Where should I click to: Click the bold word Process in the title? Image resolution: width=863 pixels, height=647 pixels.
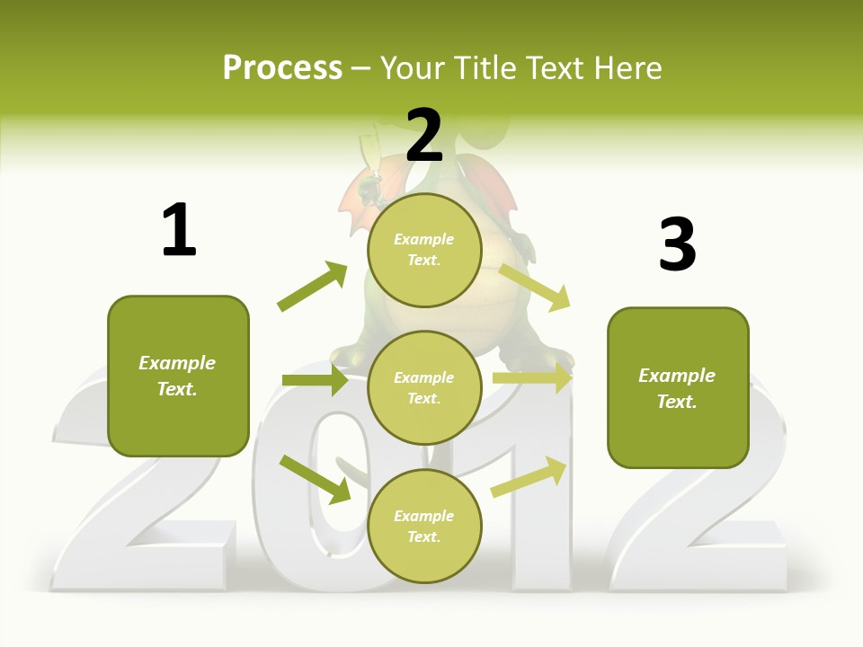pyautogui.click(x=282, y=68)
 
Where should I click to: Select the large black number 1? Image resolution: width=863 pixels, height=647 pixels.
pyautogui.click(x=179, y=230)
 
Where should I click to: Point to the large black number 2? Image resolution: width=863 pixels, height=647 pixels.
pyautogui.click(x=424, y=136)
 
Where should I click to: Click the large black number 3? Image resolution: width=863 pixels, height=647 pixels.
pyautogui.click(x=677, y=244)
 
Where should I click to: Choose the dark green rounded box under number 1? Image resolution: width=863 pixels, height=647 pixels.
pyautogui.click(x=178, y=376)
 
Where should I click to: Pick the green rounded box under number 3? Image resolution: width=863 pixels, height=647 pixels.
pyautogui.click(x=678, y=387)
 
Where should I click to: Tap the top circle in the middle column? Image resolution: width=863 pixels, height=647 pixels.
pyautogui.click(x=424, y=250)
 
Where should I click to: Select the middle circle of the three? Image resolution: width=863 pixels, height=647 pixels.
pyautogui.click(x=424, y=387)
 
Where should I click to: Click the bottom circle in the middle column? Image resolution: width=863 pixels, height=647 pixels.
pyautogui.click(x=424, y=526)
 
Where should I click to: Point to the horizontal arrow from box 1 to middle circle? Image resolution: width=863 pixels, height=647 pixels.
pyautogui.click(x=315, y=381)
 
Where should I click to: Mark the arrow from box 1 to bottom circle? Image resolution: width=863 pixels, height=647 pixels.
pyautogui.click(x=315, y=479)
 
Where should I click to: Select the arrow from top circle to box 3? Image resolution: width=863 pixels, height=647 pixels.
pyautogui.click(x=535, y=286)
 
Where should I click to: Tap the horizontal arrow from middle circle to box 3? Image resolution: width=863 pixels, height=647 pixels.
pyautogui.click(x=531, y=379)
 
